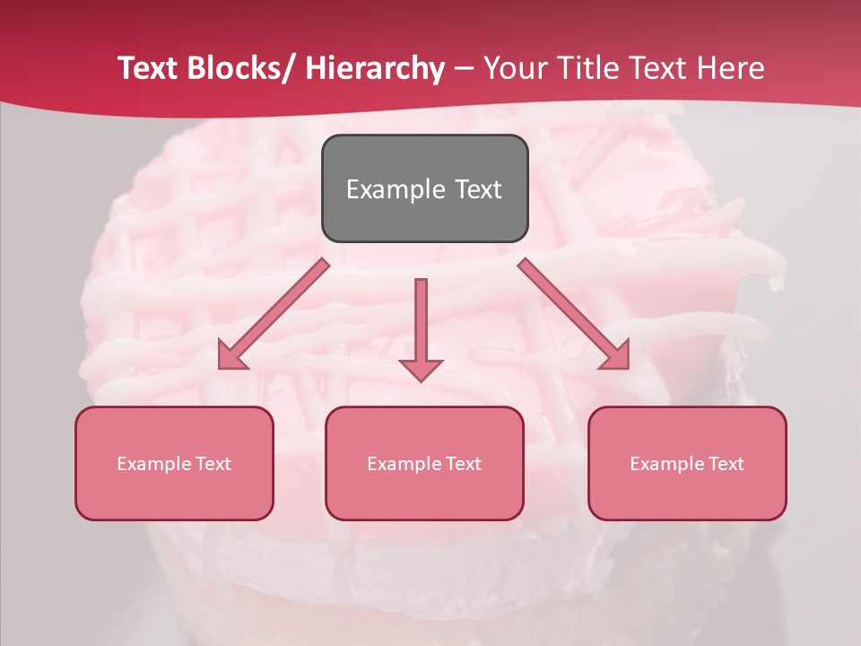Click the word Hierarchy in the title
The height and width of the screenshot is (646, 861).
click(x=374, y=68)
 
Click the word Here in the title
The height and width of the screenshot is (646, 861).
click(x=731, y=68)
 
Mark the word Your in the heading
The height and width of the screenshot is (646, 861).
click(x=516, y=68)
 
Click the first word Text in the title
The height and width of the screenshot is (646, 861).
click(x=147, y=68)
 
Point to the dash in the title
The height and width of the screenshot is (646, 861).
click(x=463, y=68)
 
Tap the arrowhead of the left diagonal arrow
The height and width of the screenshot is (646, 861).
click(x=231, y=357)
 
